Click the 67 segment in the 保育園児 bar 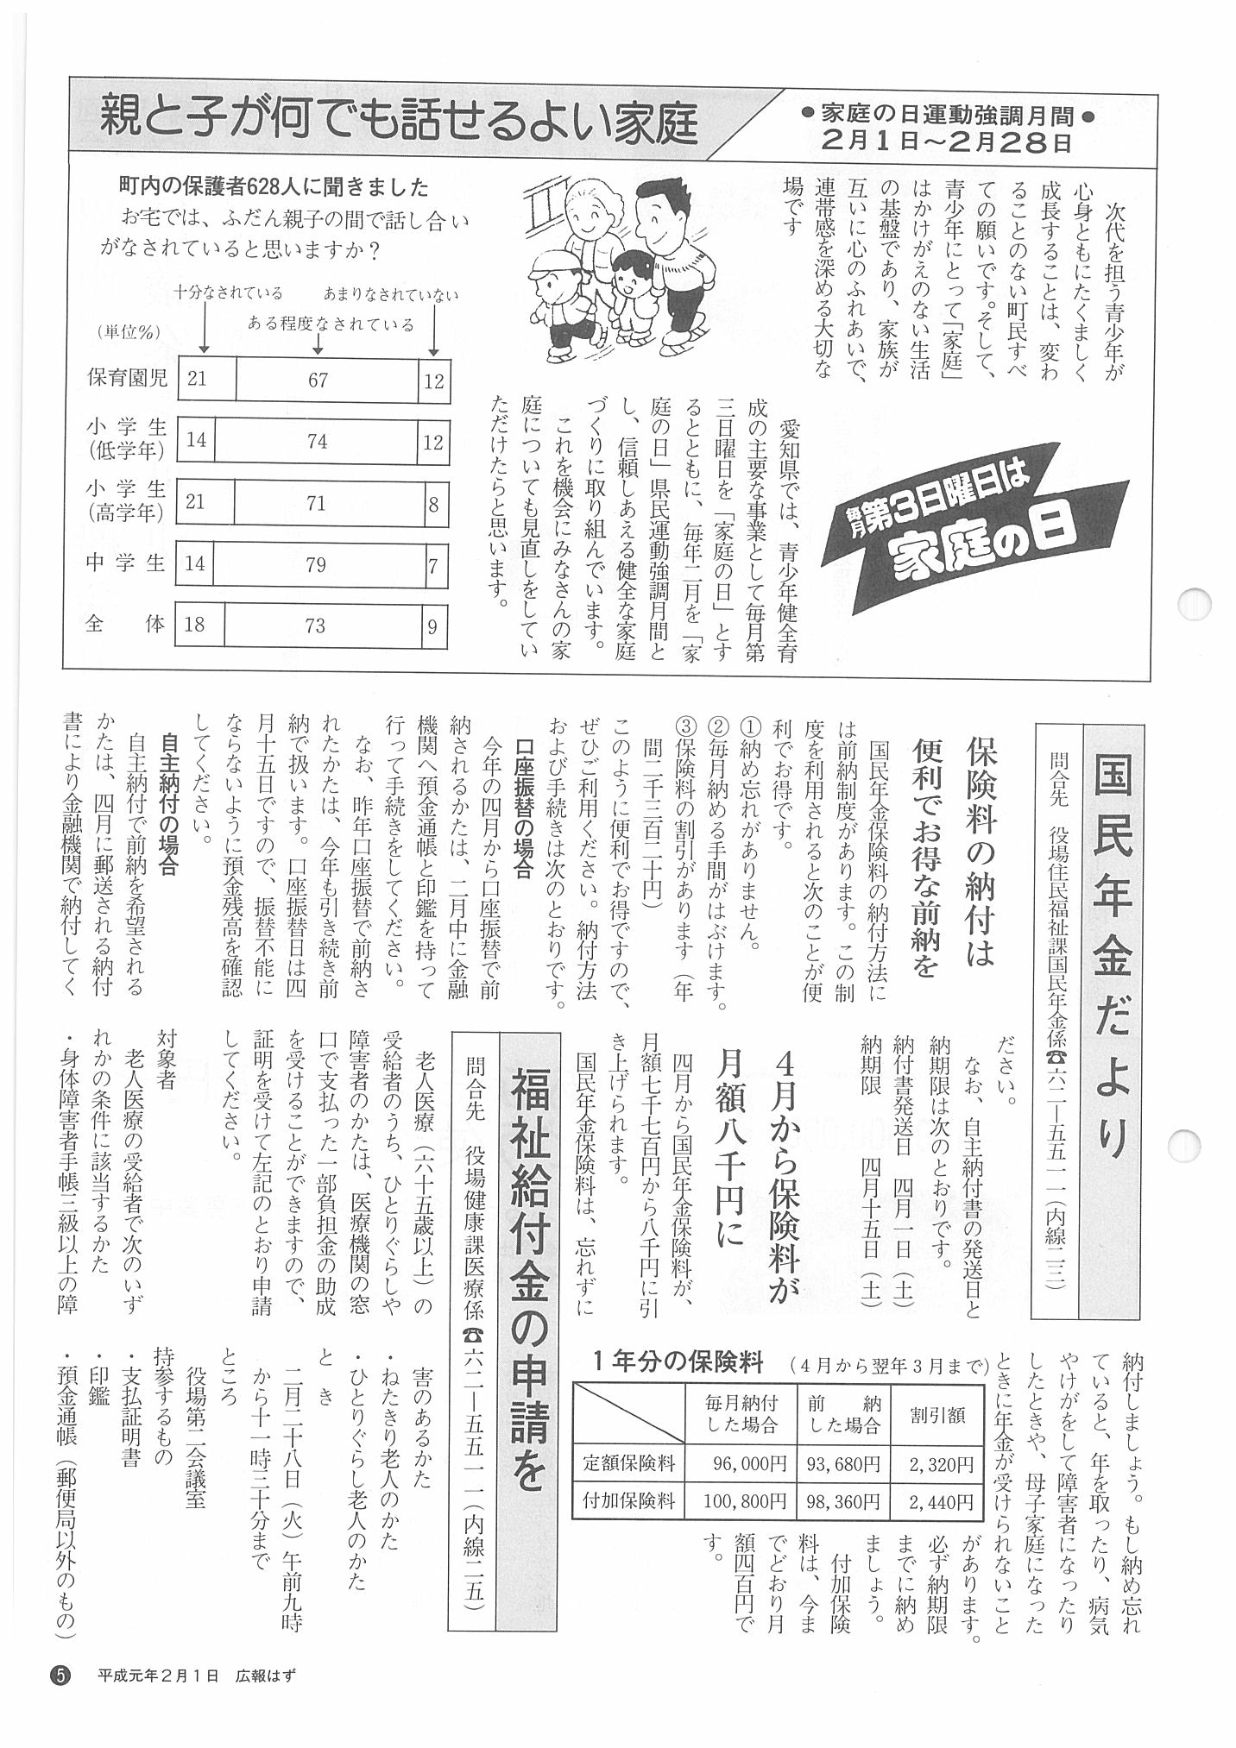[x=318, y=380]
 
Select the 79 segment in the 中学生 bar [x=315, y=565]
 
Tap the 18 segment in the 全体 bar [x=195, y=625]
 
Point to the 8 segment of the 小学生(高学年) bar [x=433, y=503]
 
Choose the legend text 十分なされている [x=228, y=294]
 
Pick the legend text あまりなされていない [x=391, y=296]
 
